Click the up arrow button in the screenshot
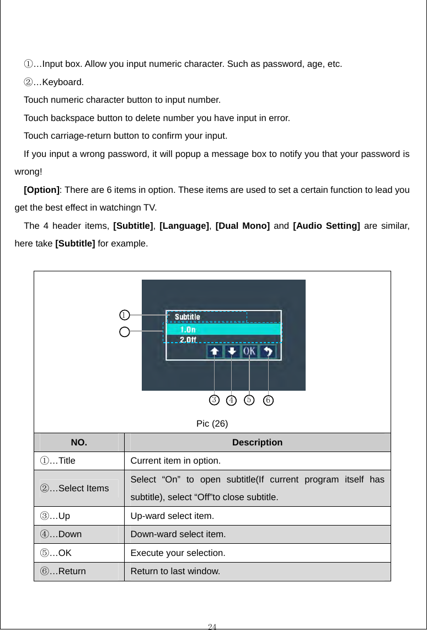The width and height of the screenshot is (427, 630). tap(215, 351)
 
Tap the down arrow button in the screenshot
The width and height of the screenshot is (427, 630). tap(232, 351)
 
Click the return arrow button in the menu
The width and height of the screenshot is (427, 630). tap(268, 351)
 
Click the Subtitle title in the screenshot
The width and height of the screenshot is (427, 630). tap(188, 317)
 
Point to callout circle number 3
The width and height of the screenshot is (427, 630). tap(214, 400)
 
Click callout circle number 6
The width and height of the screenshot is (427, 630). tap(268, 400)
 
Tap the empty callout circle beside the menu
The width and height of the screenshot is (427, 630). tap(125, 332)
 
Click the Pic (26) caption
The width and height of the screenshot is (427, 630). tap(212, 424)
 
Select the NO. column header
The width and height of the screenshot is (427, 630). tap(78, 443)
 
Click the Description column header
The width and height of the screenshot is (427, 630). tap(257, 443)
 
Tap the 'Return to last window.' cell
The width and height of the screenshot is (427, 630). tap(175, 571)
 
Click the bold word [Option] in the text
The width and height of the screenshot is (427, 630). tap(42, 190)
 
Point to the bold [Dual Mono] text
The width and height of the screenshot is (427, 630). tap(242, 226)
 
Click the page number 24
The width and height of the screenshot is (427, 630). tap(212, 626)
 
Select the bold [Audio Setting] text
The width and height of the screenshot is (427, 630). tap(327, 226)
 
